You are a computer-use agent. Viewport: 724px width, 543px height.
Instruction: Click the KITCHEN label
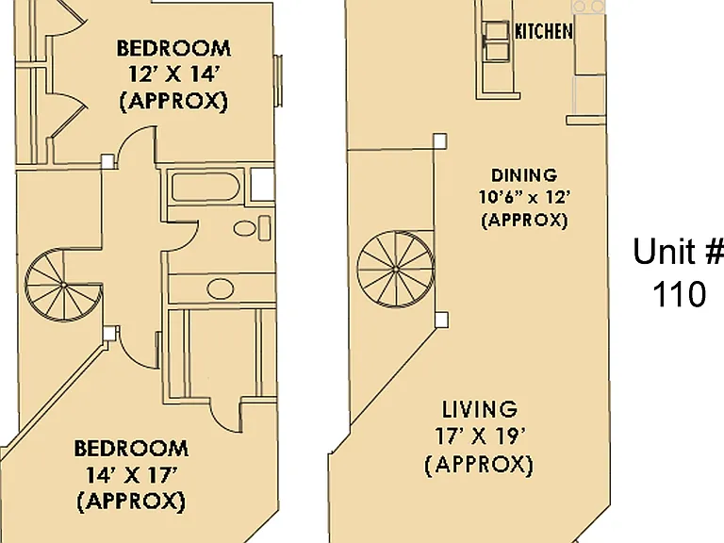[543, 31]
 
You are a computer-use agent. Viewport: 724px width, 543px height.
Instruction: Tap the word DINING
[524, 175]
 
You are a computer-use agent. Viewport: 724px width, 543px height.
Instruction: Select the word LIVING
[480, 409]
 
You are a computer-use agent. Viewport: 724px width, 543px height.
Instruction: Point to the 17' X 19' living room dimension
[480, 436]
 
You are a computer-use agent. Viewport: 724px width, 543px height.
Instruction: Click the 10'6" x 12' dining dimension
[524, 198]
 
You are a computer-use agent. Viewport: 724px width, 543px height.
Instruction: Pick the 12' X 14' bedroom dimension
[173, 74]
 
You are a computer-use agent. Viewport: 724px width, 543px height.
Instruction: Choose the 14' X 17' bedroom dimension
[132, 475]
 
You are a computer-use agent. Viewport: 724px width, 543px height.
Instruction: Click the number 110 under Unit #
[679, 294]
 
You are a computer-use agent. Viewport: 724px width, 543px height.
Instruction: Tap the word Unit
[660, 251]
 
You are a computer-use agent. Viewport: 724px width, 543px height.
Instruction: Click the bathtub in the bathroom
[205, 187]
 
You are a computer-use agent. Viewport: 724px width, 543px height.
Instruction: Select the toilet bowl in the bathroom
[245, 228]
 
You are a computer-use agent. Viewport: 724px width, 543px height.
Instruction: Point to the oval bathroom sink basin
[221, 288]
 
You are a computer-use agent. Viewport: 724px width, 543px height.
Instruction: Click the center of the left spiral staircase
[63, 286]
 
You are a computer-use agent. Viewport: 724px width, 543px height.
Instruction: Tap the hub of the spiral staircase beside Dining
[396, 269]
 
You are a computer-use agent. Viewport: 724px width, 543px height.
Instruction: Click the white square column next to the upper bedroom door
[107, 161]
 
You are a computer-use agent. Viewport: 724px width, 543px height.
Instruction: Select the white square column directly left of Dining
[440, 141]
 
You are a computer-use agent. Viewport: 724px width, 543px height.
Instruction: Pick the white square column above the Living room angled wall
[441, 320]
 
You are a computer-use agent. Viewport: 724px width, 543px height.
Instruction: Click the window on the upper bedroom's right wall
[279, 81]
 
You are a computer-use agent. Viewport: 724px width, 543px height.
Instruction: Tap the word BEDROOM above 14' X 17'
[132, 449]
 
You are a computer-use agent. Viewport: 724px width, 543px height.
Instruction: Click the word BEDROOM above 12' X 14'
[173, 48]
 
